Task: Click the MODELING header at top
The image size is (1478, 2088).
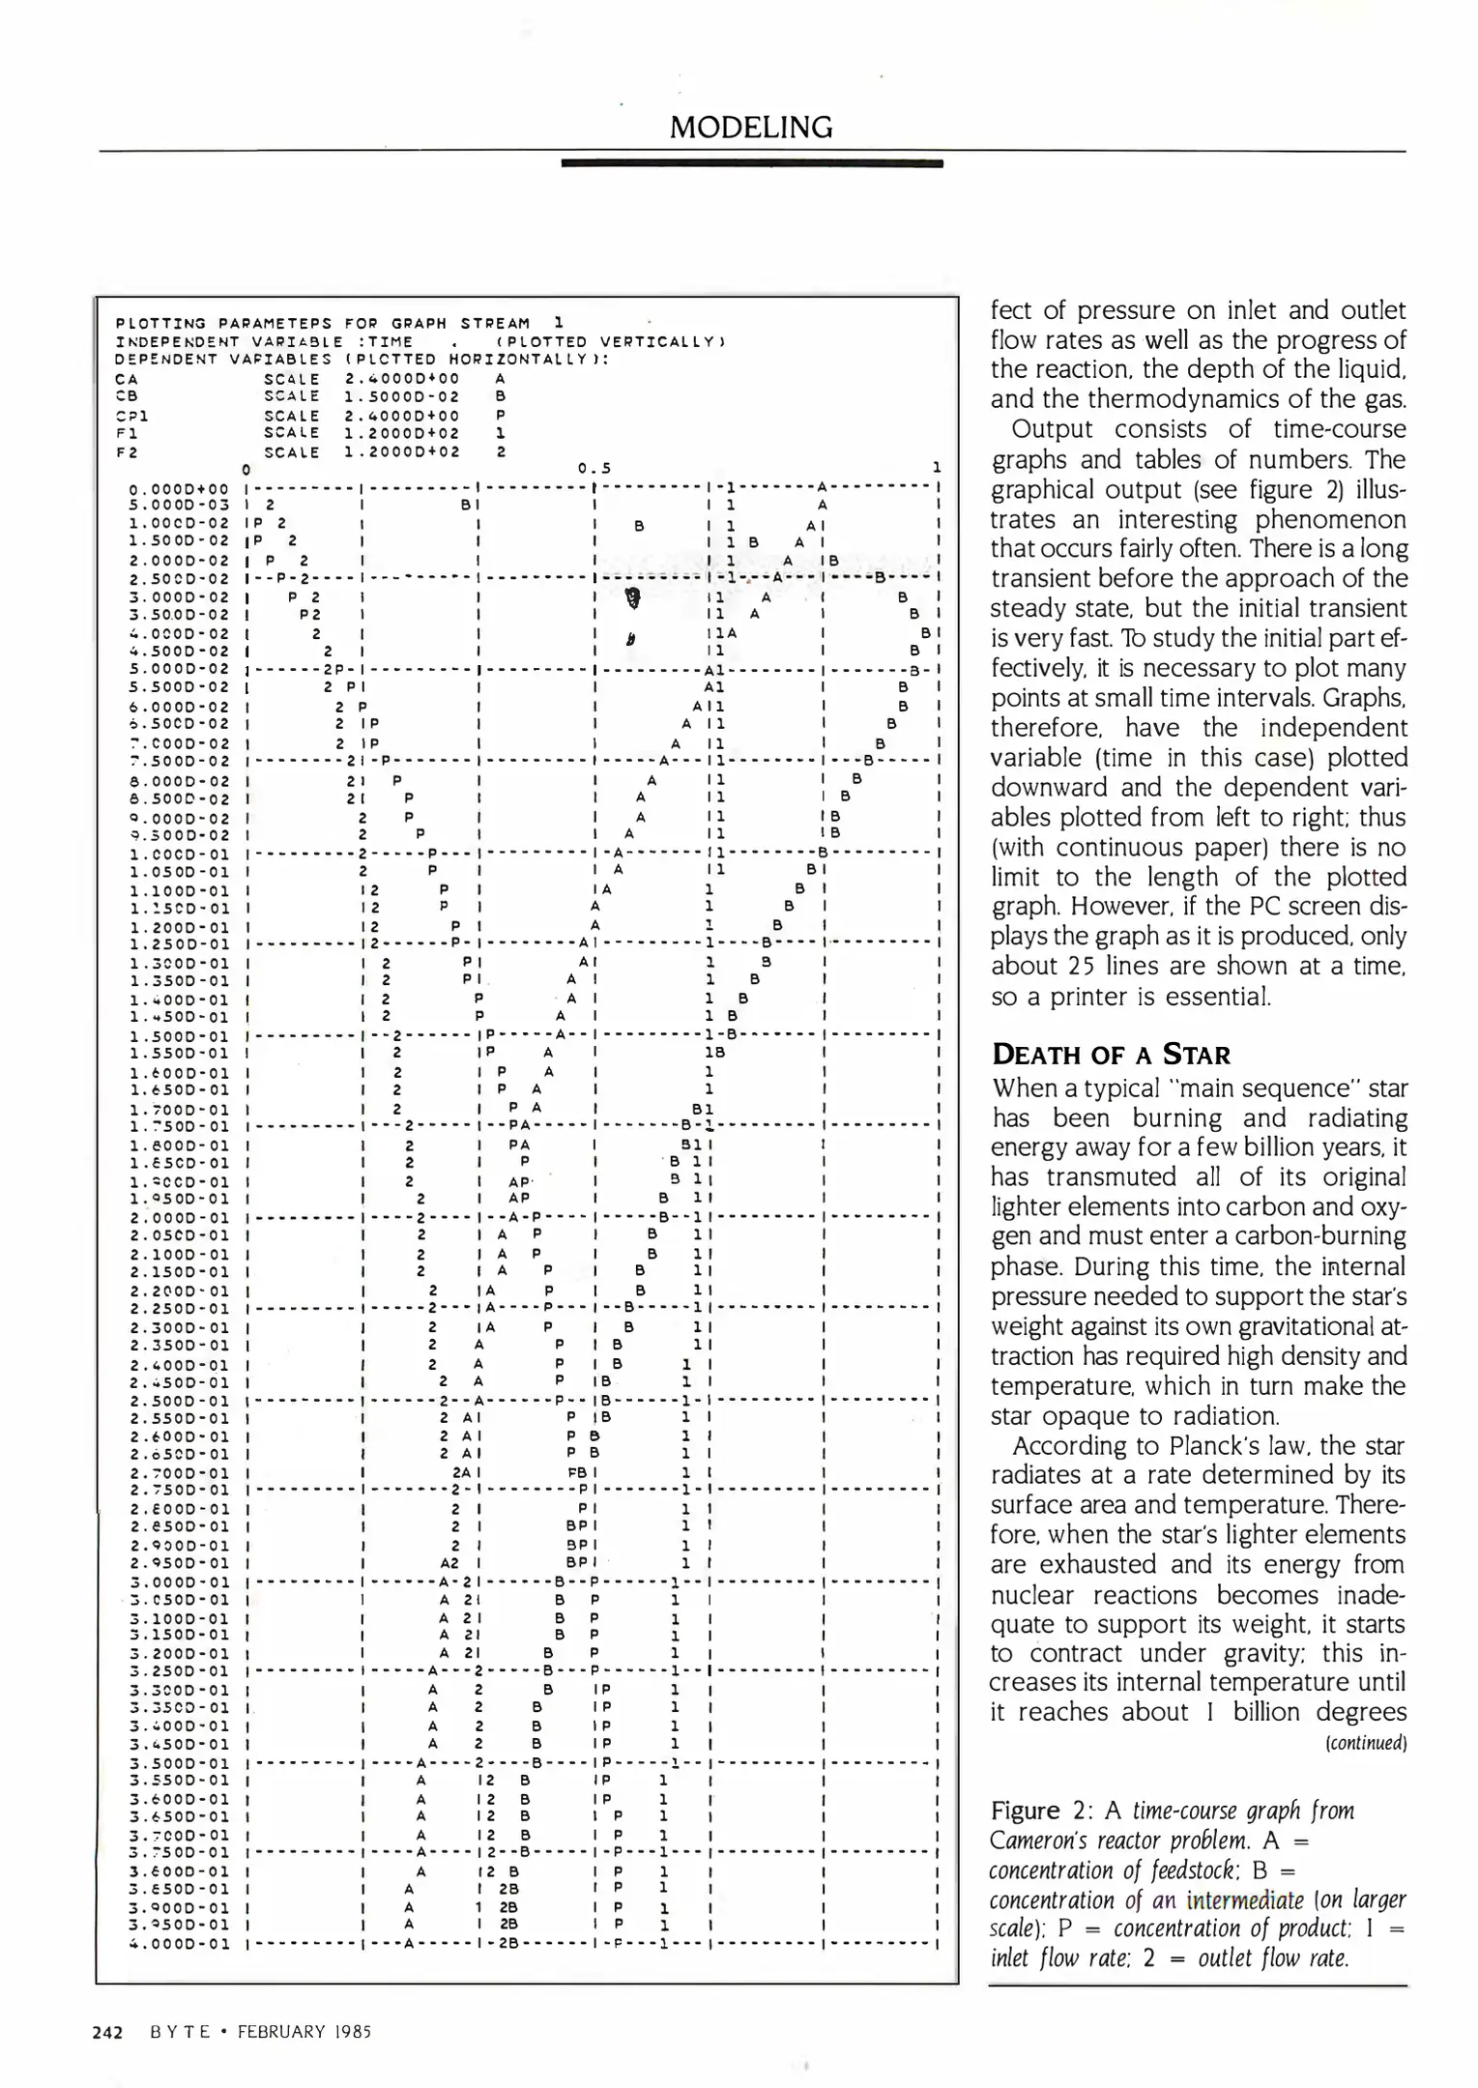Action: click(751, 127)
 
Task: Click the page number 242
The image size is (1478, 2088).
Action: click(107, 2031)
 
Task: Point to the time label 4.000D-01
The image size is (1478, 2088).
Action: click(179, 1943)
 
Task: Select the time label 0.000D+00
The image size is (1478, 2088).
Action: click(179, 489)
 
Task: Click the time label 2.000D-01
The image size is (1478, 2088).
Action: click(179, 1218)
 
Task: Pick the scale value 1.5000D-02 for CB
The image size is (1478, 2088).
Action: click(402, 396)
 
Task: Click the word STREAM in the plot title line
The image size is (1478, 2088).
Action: click(495, 323)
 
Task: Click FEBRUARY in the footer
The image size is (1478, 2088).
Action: click(289, 2031)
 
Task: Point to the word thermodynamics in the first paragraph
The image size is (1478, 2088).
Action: click(1201, 399)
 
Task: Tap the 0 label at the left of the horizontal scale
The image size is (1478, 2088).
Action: click(246, 469)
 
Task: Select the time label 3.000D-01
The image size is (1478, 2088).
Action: click(179, 1582)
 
